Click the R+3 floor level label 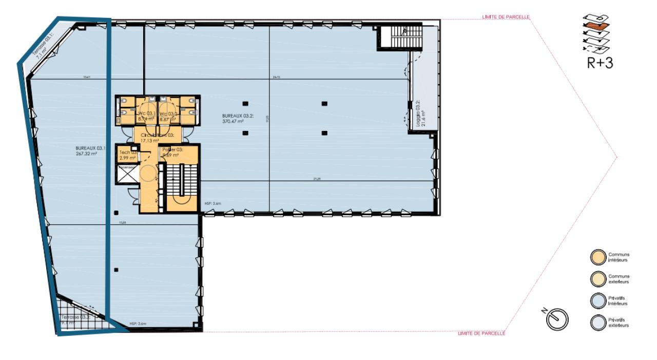(600, 63)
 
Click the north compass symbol (557, 319)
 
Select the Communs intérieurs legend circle (596, 257)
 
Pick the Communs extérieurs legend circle (596, 279)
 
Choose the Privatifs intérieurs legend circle (596, 300)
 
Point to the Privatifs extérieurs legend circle (596, 323)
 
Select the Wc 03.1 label (146, 114)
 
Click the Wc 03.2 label (168, 114)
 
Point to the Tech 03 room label (127, 153)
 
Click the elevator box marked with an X (126, 175)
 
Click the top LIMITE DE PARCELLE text (506, 17)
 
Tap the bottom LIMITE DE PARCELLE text (481, 334)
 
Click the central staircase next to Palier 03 (182, 185)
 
